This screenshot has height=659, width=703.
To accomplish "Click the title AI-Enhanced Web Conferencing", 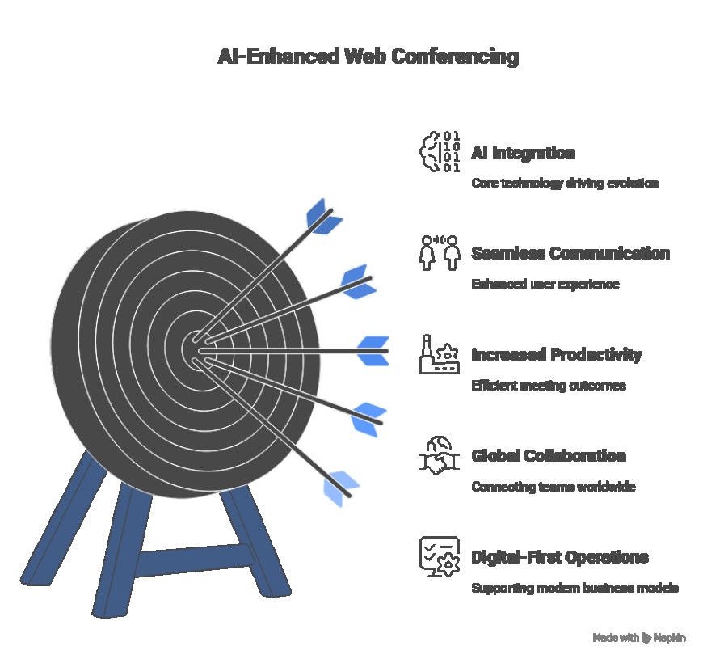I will click(x=368, y=57).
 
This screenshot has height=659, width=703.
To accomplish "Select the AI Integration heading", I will click(x=523, y=154).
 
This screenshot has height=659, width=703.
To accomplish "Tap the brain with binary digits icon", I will click(x=440, y=151).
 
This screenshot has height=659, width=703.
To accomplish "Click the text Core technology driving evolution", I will click(x=564, y=184).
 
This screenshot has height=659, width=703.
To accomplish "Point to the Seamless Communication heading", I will click(x=570, y=253).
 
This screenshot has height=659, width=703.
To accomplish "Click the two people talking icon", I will click(x=440, y=251).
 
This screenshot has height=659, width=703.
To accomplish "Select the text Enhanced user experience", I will click(x=545, y=285).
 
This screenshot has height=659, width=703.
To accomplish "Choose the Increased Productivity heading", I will click(x=556, y=354).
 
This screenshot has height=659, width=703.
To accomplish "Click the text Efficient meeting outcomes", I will click(x=548, y=386).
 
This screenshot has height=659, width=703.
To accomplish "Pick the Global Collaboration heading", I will click(x=548, y=456).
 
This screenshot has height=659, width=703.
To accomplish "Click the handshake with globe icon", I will click(x=440, y=455).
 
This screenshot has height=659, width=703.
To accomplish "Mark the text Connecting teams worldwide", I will click(x=553, y=488).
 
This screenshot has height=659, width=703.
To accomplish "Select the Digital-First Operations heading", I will click(x=559, y=557).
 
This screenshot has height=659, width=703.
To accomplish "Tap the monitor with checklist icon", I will click(x=440, y=556).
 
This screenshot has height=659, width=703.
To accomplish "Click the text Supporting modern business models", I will click(x=575, y=589).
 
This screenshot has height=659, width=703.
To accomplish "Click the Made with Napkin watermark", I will click(x=639, y=638).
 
